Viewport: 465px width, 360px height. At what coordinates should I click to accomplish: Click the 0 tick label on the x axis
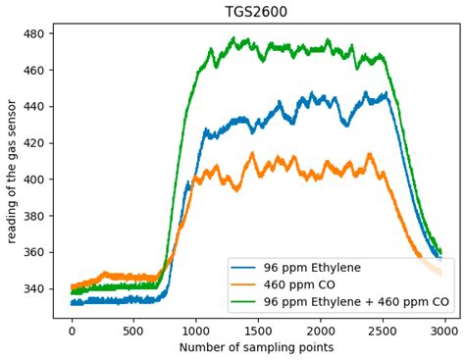[x=72, y=330]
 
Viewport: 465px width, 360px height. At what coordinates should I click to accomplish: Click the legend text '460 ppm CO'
[x=301, y=284]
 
